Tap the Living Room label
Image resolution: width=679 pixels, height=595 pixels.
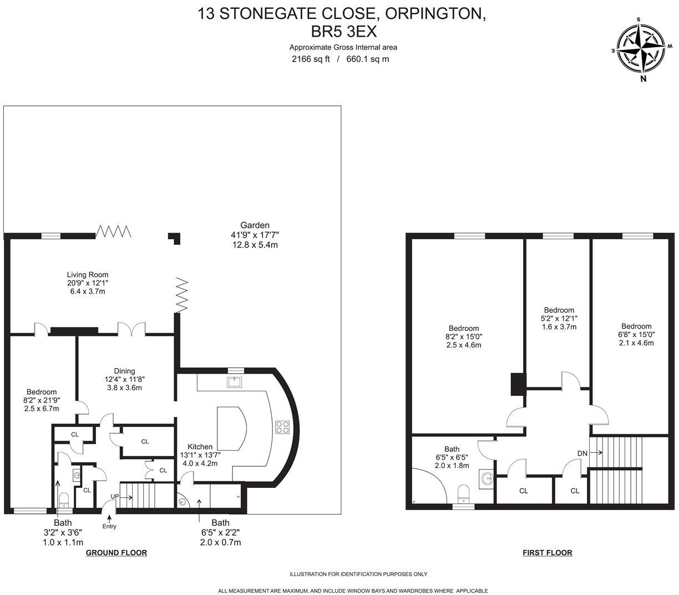tap(88, 274)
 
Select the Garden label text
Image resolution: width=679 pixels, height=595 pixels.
tap(255, 225)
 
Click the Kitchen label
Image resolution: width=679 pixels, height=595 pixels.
tap(200, 446)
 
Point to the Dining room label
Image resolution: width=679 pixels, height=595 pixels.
tap(124, 371)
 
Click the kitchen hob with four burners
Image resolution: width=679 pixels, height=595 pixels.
tap(282, 427)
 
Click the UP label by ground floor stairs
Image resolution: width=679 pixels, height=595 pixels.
tap(115, 496)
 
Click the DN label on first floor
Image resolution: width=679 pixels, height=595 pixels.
tap(582, 453)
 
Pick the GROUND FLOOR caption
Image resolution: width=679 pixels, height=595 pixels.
tap(116, 553)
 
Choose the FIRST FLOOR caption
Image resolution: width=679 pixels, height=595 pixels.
tap(547, 553)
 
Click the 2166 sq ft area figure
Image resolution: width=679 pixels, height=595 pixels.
tap(311, 59)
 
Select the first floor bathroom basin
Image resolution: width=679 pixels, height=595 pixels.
tap(488, 478)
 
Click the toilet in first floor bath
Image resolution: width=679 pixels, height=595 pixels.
tap(464, 493)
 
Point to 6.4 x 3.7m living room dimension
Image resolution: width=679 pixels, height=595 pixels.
tap(88, 291)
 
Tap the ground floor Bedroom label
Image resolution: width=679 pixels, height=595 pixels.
tap(40, 392)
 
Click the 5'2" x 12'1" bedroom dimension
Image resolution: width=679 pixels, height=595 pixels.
tap(559, 319)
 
